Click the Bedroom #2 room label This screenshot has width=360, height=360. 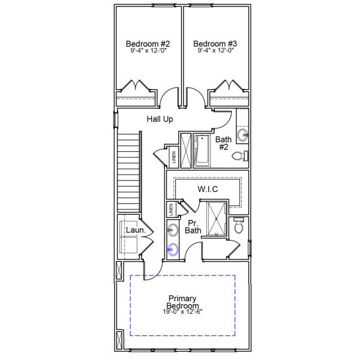coord(148,44)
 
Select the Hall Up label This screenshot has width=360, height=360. coord(160,119)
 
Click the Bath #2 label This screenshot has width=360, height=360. coord(223,143)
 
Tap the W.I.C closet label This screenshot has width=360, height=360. coord(208,189)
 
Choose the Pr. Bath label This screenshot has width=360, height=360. coord(193,226)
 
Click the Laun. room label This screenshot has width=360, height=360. coord(133,230)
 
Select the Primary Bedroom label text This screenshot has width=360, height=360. coord(182,302)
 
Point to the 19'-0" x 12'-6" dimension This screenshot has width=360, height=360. coord(182,312)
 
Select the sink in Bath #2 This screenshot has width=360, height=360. coord(243,134)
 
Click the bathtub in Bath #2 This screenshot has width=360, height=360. coord(202,151)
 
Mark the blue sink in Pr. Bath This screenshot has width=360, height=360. coord(173,249)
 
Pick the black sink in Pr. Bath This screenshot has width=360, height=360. coord(172,229)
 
